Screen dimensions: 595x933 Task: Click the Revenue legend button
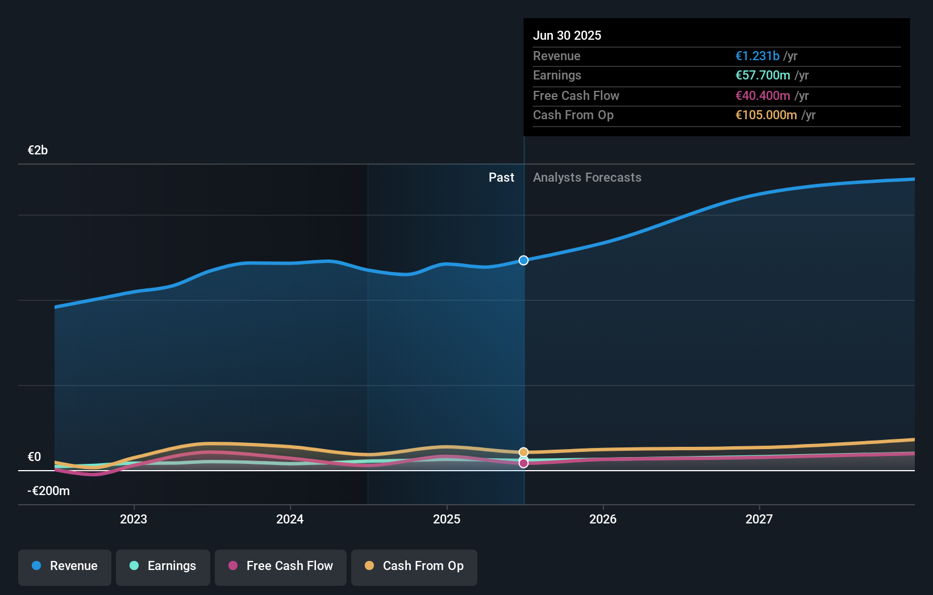pyautogui.click(x=65, y=567)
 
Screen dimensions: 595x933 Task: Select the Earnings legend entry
pyautogui.click(x=163, y=567)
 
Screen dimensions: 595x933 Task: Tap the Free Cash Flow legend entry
pyautogui.click(x=281, y=567)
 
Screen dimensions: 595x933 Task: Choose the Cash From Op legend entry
pyautogui.click(x=414, y=567)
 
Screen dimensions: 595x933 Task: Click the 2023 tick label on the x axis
pyautogui.click(x=134, y=519)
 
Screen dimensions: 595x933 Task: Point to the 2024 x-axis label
pyautogui.click(x=290, y=519)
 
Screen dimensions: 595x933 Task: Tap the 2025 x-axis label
pyautogui.click(x=447, y=519)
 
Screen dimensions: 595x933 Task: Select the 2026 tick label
pyautogui.click(x=603, y=519)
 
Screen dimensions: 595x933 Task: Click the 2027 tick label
pyautogui.click(x=759, y=519)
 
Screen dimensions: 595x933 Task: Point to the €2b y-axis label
pyautogui.click(x=38, y=150)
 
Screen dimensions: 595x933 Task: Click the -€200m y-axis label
pyautogui.click(x=48, y=491)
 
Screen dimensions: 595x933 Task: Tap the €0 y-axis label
pyautogui.click(x=34, y=457)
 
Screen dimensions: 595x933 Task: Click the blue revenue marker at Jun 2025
pyautogui.click(x=523, y=261)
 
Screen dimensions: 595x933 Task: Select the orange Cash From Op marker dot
pyautogui.click(x=523, y=452)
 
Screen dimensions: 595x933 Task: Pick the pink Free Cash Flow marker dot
pyautogui.click(x=523, y=463)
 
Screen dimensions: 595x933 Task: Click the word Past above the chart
pyautogui.click(x=501, y=178)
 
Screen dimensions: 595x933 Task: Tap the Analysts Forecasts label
pyautogui.click(x=587, y=178)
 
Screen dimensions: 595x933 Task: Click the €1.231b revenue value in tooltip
pyautogui.click(x=757, y=56)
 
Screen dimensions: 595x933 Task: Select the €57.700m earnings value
pyautogui.click(x=763, y=76)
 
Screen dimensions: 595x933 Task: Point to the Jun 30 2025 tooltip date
pyautogui.click(x=567, y=36)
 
